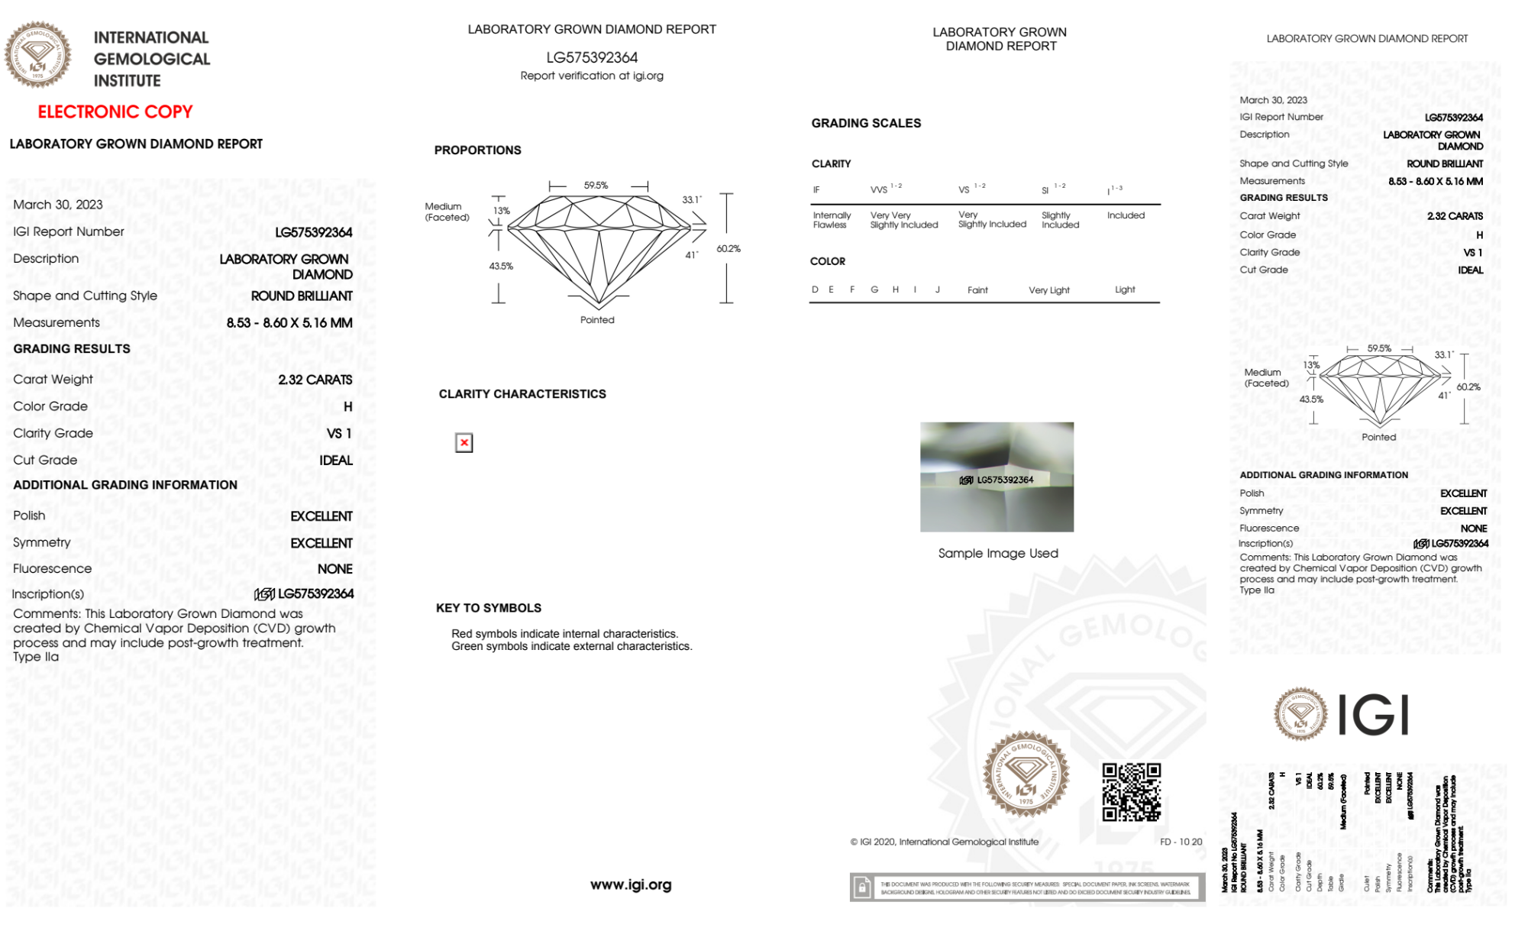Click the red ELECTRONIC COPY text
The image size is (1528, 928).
coord(115,112)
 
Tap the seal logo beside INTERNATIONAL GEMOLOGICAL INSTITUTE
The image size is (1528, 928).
coord(38,54)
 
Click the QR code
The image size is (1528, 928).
coord(1131,792)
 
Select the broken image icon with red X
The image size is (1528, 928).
coord(464,443)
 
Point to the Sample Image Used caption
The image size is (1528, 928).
coord(997,553)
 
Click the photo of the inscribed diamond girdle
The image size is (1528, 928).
coord(997,477)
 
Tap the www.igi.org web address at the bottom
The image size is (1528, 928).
coord(631,884)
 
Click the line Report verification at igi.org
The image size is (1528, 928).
coord(592,76)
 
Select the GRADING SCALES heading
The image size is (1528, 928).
coord(866,123)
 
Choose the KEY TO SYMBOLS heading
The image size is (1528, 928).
coord(489,608)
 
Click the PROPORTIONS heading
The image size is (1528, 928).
coord(478,150)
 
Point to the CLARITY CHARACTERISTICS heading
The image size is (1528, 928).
coord(522,394)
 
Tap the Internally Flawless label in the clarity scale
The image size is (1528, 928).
coord(831,220)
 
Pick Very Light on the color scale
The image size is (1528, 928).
coord(1048,290)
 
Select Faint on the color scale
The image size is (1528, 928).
coord(977,290)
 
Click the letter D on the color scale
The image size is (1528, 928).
coord(815,289)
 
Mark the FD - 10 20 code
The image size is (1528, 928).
coord(1181,842)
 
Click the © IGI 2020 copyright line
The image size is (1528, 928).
coord(945,842)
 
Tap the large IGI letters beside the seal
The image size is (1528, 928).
coord(1374,716)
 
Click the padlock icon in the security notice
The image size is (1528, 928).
coord(862,888)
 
